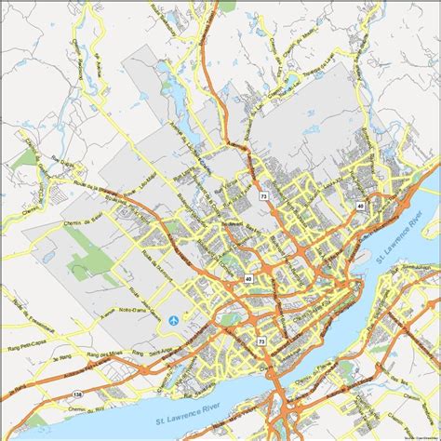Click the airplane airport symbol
pos(174,321)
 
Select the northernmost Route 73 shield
pos(263,197)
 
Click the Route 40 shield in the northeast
pos(359,206)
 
